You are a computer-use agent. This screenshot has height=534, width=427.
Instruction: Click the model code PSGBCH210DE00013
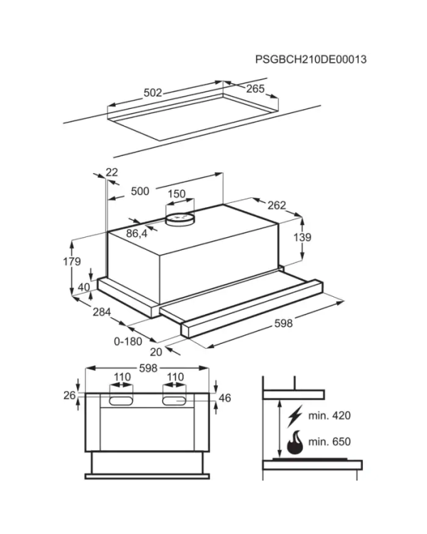311,59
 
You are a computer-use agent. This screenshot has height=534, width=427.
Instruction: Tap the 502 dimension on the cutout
153,93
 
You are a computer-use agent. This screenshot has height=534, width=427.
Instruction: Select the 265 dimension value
255,88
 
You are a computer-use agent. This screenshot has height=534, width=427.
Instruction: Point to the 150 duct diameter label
176,194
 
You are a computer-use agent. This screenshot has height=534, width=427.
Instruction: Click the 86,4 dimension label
137,234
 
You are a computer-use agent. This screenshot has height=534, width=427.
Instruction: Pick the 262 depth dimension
277,205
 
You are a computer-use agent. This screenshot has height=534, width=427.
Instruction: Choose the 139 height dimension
302,237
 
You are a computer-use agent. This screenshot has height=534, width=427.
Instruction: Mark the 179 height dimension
72,261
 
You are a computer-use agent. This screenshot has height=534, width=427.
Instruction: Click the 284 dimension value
102,312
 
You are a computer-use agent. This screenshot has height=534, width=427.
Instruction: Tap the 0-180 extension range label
128,341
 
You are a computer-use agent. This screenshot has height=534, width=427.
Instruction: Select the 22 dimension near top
112,172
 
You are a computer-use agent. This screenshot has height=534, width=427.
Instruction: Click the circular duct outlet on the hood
181,219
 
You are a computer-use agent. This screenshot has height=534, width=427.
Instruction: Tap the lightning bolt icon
295,417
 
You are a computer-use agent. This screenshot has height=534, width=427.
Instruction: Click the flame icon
295,442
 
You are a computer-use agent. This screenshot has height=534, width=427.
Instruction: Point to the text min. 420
330,416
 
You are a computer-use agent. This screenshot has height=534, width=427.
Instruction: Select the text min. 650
330,441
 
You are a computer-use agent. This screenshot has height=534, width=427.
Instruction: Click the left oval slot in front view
121,401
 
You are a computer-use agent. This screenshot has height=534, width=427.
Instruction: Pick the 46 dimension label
225,398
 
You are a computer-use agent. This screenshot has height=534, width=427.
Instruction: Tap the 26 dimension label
70,395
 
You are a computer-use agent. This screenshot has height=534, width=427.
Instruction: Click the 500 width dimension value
140,191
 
